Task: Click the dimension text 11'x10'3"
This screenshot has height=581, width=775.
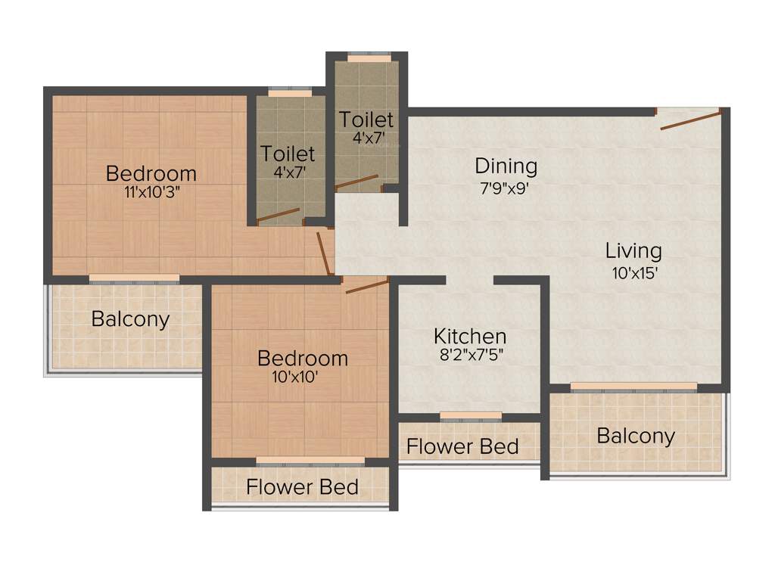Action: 151,192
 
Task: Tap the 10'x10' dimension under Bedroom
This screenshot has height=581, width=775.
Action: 302,376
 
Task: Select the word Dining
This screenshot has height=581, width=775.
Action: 506,166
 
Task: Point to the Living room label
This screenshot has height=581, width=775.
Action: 633,250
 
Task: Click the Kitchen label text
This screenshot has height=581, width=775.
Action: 470,336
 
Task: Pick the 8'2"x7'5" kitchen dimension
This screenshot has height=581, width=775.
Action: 470,354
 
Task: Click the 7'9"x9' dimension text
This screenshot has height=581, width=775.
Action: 506,188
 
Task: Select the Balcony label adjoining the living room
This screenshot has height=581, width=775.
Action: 635,436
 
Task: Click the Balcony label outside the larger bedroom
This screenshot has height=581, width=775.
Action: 130,318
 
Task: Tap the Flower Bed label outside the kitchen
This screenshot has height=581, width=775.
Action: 462,446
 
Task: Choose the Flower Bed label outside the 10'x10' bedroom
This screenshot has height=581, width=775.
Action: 302,486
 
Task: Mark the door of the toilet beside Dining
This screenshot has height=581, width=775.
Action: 357,182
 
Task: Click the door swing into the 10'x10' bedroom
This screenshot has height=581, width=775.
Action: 366,285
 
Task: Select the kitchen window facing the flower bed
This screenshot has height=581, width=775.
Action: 470,415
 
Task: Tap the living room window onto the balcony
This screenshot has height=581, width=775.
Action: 633,387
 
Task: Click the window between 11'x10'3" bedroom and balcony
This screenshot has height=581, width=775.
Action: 134,279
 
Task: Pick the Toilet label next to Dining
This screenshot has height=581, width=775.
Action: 366,120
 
